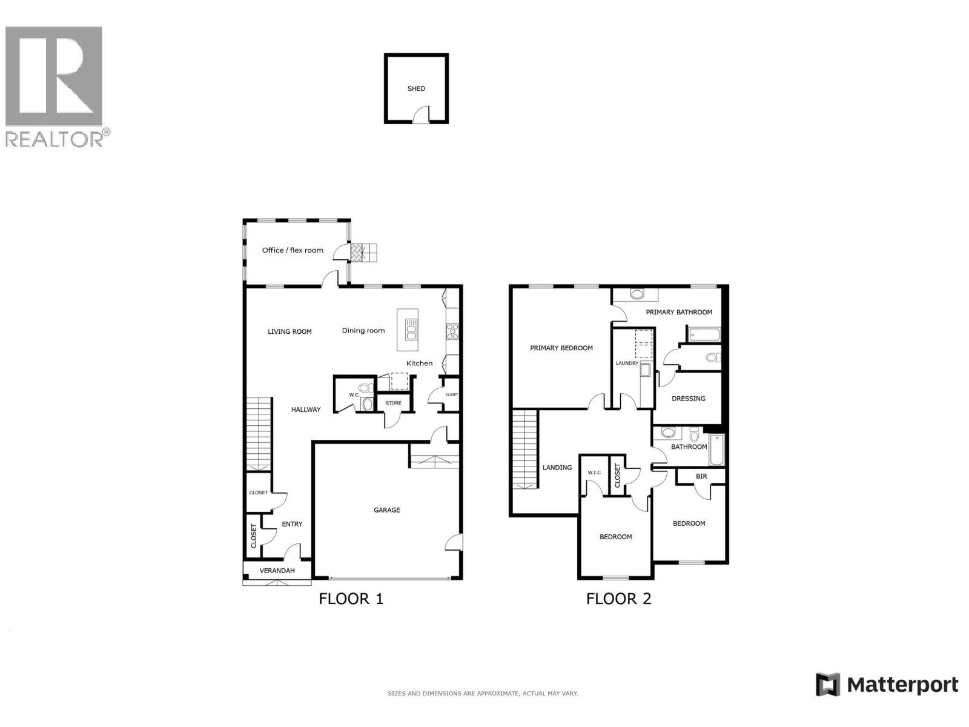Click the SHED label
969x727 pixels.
416,88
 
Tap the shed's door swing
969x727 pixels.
420,116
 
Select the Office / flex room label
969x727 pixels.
293,250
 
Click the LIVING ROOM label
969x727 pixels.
289,331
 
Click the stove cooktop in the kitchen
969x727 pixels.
452,331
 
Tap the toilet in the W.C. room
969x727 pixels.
365,388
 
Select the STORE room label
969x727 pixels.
393,403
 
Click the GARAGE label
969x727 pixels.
386,510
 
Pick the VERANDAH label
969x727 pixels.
277,571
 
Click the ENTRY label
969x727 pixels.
292,524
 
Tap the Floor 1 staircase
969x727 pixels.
259,434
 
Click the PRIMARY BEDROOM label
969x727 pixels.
561,348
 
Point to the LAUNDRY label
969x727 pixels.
627,363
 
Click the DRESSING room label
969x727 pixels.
688,399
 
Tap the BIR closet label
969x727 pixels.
701,476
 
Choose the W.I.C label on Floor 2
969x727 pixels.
594,473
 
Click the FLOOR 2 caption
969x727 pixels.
618,599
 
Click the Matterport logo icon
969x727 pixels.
828,685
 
